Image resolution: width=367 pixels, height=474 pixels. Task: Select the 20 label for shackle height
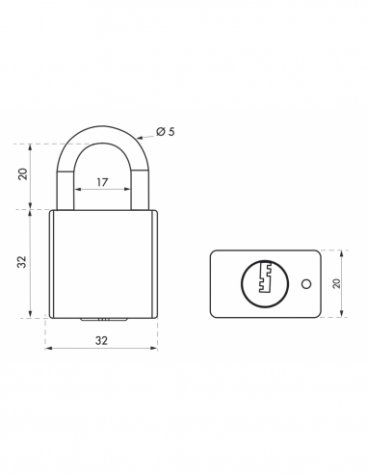[x=22, y=174]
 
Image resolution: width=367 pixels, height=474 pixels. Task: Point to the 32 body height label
[x=22, y=262]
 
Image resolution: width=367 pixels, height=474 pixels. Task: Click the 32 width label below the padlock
[x=101, y=339]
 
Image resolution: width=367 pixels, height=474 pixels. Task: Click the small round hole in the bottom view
[x=305, y=284]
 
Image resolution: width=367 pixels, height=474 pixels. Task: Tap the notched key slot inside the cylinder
[x=267, y=283]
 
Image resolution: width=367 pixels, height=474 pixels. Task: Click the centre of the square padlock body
[x=101, y=262]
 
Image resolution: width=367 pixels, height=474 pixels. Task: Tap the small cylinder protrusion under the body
[x=101, y=319]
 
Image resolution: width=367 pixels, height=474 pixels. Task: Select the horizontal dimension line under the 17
[x=101, y=189]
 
